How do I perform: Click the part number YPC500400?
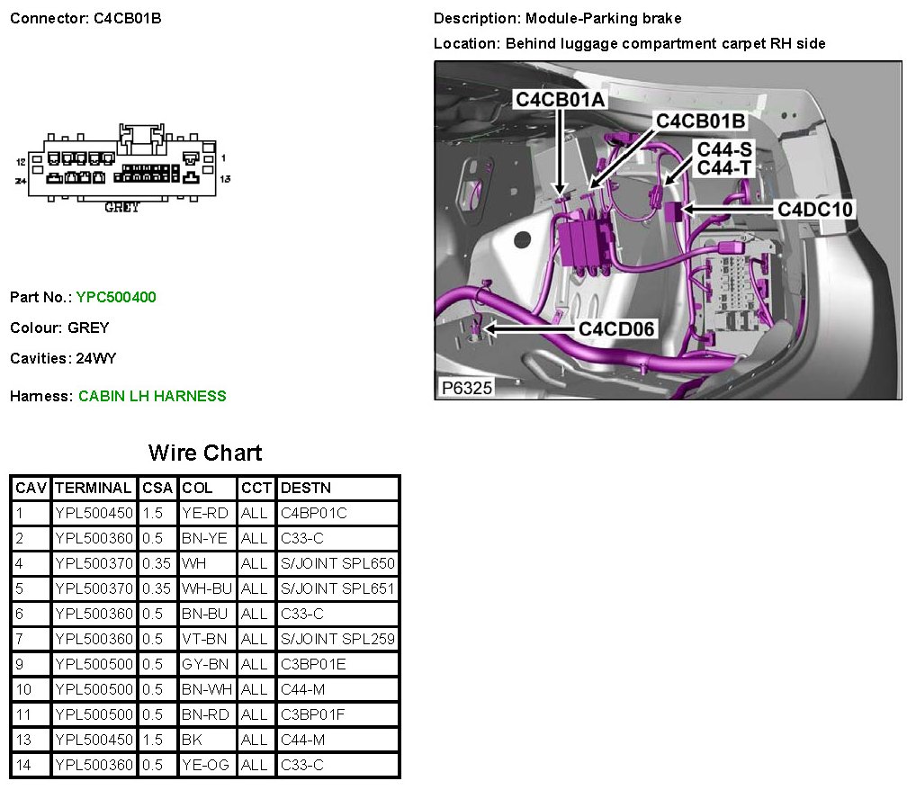[x=116, y=297]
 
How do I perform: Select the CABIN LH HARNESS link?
[x=152, y=396]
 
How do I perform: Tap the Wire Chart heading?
[x=205, y=452]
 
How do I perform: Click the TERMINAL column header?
[x=93, y=488]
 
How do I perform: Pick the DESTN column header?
[x=306, y=488]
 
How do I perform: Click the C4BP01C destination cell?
[x=314, y=513]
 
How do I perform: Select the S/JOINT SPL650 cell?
[x=337, y=563]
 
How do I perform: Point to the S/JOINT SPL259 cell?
[x=337, y=639]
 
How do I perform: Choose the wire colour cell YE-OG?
[x=205, y=765]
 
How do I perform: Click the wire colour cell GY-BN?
[x=205, y=664]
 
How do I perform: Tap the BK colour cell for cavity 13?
[x=192, y=740]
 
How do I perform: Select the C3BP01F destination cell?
[x=313, y=714]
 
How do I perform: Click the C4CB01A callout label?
[x=560, y=100]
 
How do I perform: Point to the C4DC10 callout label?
[x=815, y=209]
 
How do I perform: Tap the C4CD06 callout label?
[x=616, y=328]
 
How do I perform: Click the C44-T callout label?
[x=724, y=167]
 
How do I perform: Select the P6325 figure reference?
[x=466, y=388]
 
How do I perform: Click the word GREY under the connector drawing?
[x=122, y=207]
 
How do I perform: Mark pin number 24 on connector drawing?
[x=20, y=181]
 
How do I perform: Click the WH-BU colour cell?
[x=206, y=588]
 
